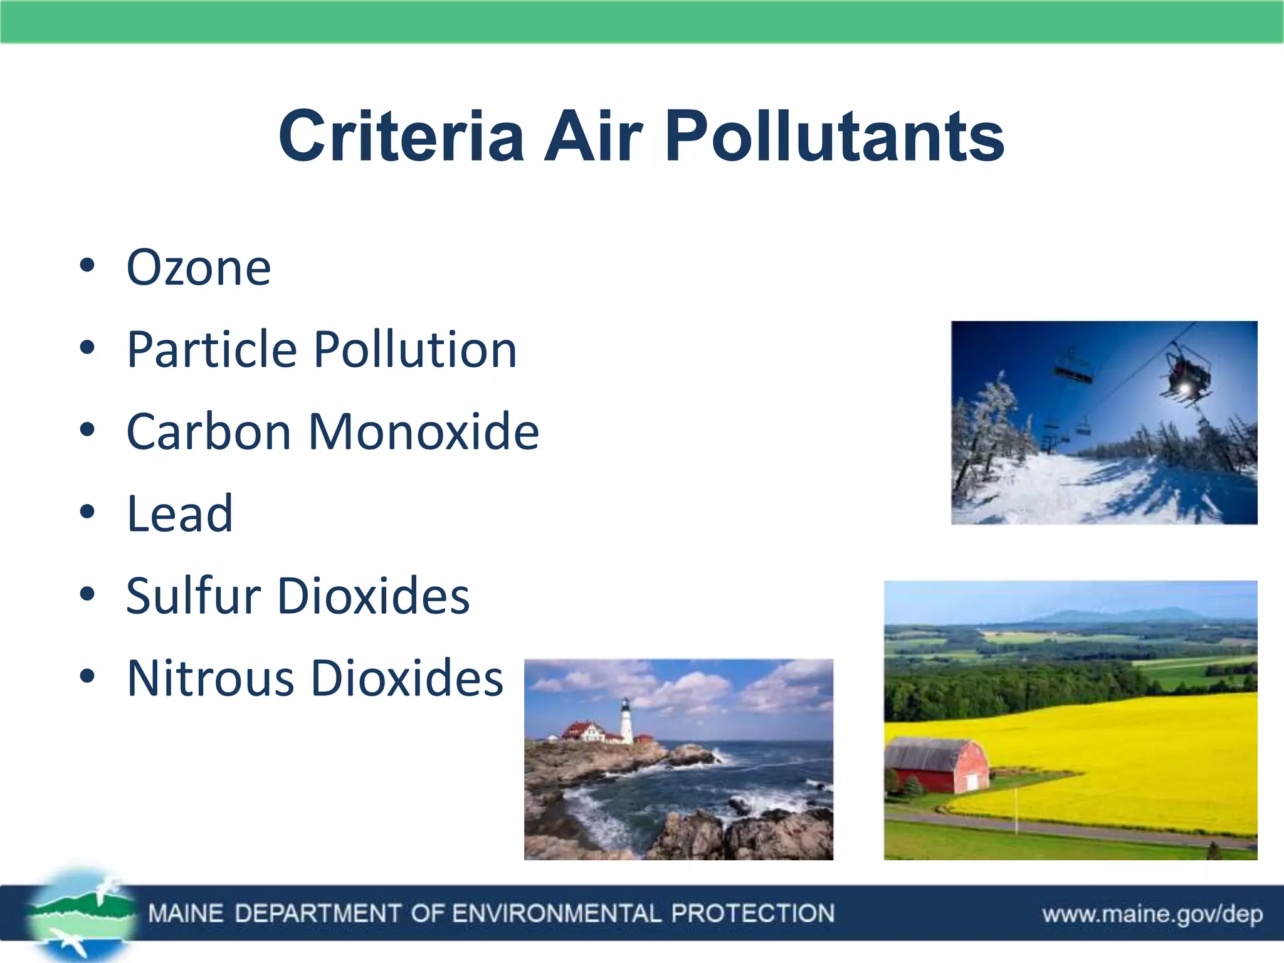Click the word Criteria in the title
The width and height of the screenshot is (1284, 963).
click(401, 136)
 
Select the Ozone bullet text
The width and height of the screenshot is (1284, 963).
click(199, 268)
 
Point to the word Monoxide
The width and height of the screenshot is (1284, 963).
click(424, 432)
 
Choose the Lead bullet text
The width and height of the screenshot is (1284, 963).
click(180, 514)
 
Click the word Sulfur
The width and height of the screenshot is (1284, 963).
click(193, 596)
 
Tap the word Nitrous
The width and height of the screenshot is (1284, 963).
click(211, 678)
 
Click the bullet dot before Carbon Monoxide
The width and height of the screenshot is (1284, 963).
click(87, 430)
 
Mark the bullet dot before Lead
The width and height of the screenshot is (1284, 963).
click(87, 512)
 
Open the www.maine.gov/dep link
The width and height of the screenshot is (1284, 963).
click(1152, 914)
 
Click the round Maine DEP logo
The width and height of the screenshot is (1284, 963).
click(82, 914)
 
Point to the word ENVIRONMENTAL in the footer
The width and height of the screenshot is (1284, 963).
click(556, 913)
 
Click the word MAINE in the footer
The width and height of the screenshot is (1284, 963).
click(186, 913)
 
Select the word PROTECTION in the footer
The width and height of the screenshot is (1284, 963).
click(752, 913)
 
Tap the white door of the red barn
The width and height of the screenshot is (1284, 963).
click(971, 782)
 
